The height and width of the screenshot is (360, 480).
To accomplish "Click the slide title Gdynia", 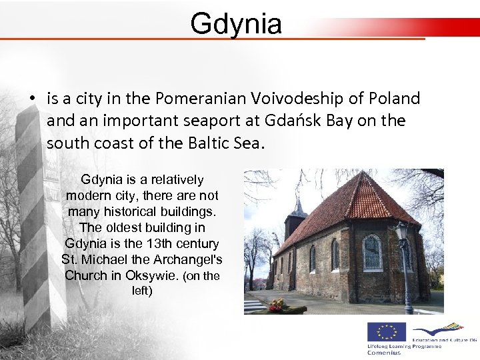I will point(236,24).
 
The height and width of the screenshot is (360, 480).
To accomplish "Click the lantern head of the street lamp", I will point(401,231).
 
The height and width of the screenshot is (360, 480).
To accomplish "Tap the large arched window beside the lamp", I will point(372,253).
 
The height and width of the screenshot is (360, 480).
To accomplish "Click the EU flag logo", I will point(386,331).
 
